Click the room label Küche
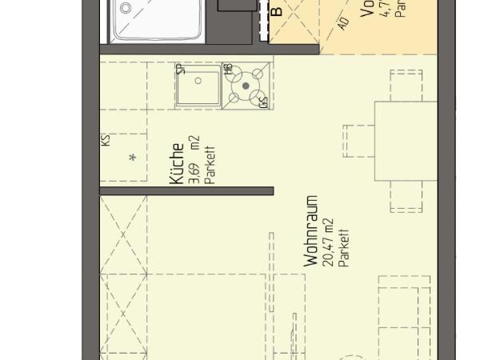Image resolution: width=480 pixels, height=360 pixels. (178, 164)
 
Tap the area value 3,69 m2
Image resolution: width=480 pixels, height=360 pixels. (193, 160)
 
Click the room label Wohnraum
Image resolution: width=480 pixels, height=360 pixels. (311, 232)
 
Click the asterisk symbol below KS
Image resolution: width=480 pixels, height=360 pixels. (133, 158)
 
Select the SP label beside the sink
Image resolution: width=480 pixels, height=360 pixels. (181, 69)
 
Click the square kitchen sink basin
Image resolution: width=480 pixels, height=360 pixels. (198, 88)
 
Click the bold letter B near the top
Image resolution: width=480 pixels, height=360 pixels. (277, 11)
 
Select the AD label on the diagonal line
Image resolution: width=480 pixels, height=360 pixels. (343, 23)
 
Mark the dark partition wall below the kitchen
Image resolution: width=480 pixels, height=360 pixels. (187, 190)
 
